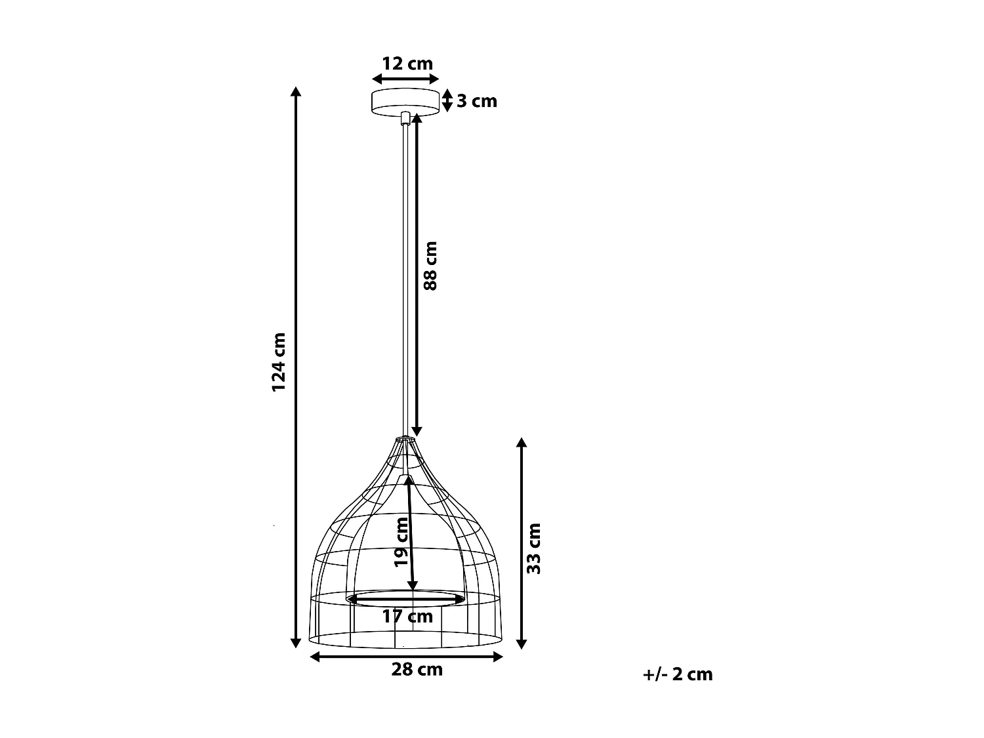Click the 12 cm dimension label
click(407, 64)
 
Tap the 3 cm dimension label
click(477, 101)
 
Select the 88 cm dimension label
click(430, 266)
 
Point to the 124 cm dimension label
click(279, 361)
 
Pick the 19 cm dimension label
click(401, 542)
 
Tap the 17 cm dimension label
click(407, 617)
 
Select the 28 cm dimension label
click(417, 669)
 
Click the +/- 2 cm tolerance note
click(678, 674)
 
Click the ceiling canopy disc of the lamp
click(405, 101)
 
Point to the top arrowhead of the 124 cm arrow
click(296, 92)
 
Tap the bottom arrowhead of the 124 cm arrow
click(296, 643)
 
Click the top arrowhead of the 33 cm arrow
click(522, 443)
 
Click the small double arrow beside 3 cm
click(447, 100)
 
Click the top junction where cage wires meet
click(405, 438)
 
